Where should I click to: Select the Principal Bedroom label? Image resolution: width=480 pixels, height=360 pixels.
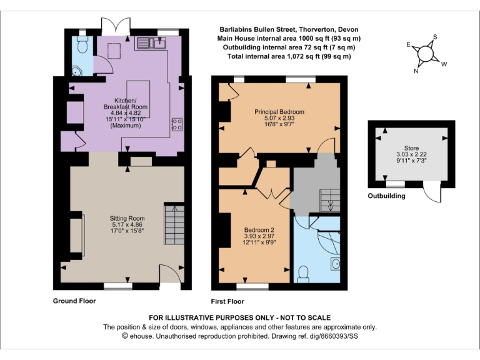point(279,117)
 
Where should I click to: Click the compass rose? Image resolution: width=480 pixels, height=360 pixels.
point(426,53)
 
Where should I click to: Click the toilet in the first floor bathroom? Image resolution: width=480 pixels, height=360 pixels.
point(304,273)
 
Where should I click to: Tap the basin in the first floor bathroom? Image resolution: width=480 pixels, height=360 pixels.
point(336,263)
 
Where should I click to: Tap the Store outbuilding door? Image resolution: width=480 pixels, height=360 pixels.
point(431,192)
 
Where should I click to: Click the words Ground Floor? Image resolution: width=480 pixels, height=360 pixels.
point(74,301)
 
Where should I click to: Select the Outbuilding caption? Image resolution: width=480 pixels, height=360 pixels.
point(386,196)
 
